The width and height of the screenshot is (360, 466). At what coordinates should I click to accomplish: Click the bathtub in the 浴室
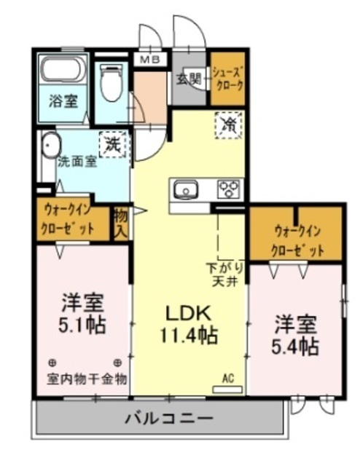point(63,71)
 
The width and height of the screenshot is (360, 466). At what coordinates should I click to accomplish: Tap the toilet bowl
point(111,84)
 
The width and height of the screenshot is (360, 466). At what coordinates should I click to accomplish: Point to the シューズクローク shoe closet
point(227,78)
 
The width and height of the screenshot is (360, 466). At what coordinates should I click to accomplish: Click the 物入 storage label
point(121,223)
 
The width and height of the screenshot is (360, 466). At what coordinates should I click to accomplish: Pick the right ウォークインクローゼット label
point(295,240)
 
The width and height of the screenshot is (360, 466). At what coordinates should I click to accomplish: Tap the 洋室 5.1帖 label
point(82,312)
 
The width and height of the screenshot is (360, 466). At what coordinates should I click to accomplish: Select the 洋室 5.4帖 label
point(295,333)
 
